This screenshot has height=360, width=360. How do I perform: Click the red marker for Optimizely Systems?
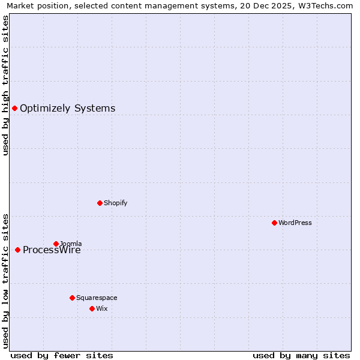(x=14, y=108)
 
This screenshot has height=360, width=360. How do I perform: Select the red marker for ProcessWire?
(x=17, y=250)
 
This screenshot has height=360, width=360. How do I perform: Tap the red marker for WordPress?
(x=274, y=223)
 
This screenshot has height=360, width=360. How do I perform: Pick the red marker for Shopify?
(x=100, y=203)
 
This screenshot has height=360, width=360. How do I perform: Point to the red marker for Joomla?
(x=56, y=244)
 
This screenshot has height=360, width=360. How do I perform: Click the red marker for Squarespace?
(x=72, y=298)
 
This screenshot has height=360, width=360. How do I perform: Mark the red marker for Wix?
(x=92, y=308)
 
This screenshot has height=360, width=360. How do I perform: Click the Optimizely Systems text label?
(x=67, y=109)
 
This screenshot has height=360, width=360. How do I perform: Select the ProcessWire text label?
(x=52, y=250)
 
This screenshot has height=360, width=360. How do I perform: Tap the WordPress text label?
(x=295, y=223)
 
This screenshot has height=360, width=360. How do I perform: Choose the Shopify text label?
(x=115, y=203)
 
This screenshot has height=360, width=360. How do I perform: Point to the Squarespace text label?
(x=97, y=298)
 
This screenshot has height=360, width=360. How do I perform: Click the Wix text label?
(x=101, y=308)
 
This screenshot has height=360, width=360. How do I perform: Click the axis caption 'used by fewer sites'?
(x=62, y=355)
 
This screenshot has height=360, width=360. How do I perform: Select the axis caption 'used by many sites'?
(x=301, y=355)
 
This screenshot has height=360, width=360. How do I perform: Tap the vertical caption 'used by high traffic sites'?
(x=5, y=85)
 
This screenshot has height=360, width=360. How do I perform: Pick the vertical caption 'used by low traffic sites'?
(x=5, y=281)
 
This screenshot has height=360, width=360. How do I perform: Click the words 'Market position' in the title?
(x=35, y=5)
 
